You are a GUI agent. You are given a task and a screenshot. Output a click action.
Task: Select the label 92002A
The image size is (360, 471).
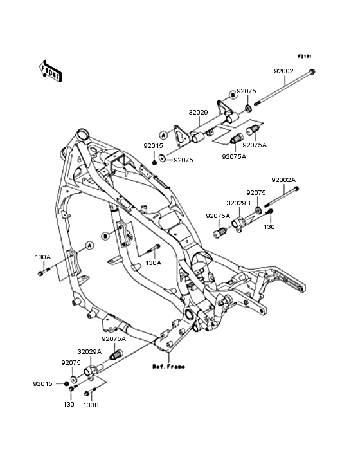(x=283, y=180)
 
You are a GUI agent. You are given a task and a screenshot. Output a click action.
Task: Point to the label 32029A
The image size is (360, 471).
(x=89, y=352)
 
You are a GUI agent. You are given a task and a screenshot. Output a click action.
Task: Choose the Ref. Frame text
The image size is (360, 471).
(x=168, y=367)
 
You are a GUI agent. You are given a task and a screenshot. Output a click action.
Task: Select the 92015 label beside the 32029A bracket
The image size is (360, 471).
(x=44, y=383)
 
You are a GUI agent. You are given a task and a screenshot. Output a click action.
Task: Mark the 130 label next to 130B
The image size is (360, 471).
(x=69, y=405)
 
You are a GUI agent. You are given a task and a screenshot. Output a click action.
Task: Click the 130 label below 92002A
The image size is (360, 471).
(x=269, y=226)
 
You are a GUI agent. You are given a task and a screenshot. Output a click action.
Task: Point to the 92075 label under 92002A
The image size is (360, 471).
(x=256, y=192)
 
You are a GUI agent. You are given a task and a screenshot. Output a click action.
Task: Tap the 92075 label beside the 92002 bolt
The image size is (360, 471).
(x=246, y=91)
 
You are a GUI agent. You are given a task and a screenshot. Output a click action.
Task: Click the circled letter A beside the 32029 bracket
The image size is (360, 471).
(x=164, y=136)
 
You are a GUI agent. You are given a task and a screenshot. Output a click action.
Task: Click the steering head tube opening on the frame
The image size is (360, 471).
(x=82, y=134)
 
